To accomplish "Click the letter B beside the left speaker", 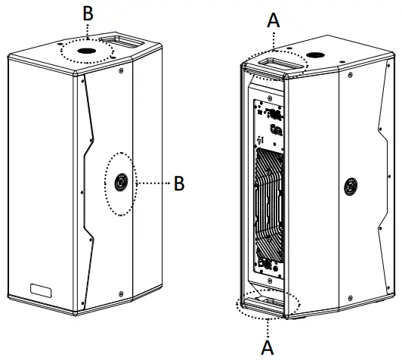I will click(179, 183).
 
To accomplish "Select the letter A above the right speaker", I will click(274, 21).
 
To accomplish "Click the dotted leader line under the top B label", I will click(87, 31).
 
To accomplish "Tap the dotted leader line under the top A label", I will click(274, 39).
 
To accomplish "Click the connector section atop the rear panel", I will click(272, 121).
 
